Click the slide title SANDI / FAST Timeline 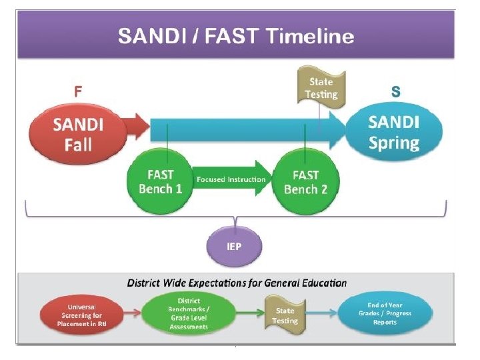point(236,35)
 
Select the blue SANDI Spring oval point(394,132)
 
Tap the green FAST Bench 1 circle point(160,181)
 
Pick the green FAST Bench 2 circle point(305,181)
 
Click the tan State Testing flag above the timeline point(321,87)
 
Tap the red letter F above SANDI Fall point(78,93)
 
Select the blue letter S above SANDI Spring point(395,93)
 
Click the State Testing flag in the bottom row point(285,315)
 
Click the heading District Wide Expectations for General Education point(237,283)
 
